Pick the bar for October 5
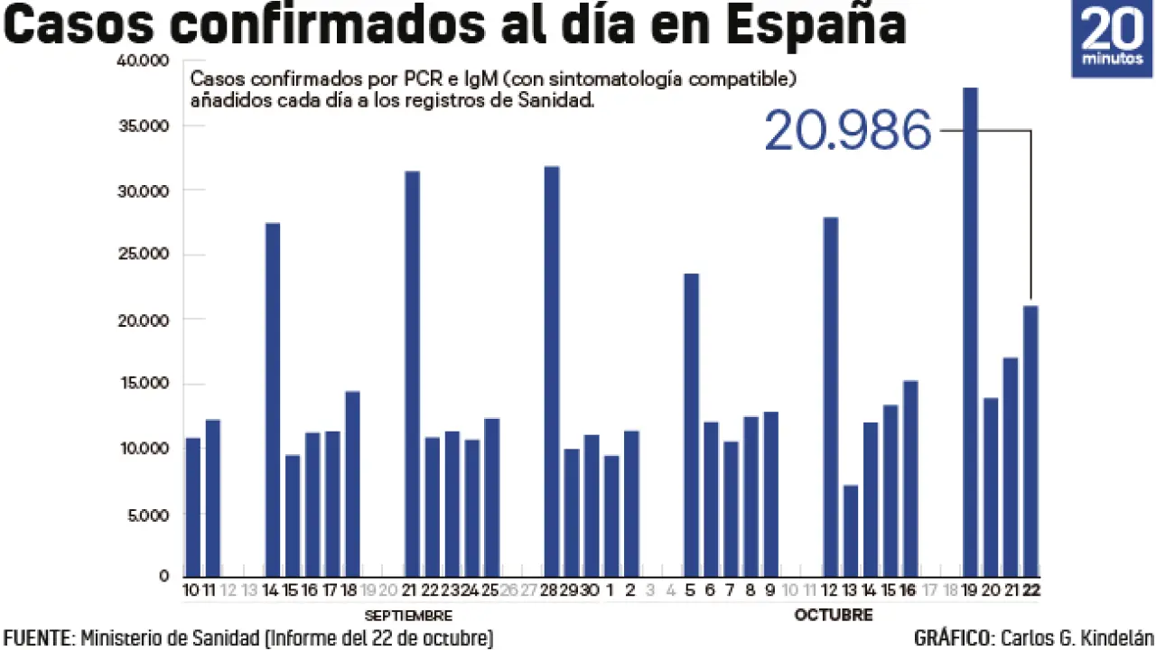pos(691,424)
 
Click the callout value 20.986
pos(847,132)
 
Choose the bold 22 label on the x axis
pos(1030,590)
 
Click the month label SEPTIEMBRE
pos(408,616)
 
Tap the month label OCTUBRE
pos(834,616)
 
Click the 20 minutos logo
pos(1112,39)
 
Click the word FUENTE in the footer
pos(37,638)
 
